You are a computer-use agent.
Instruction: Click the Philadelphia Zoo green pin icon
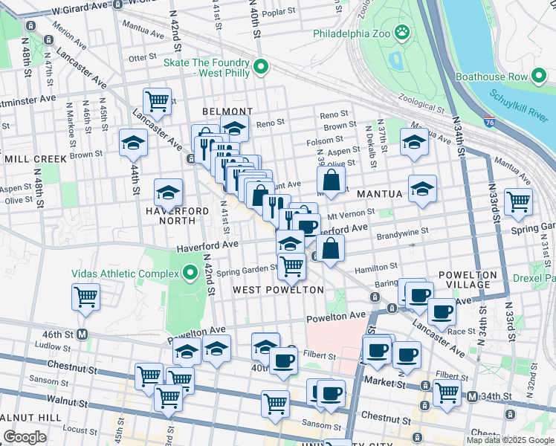[402, 33]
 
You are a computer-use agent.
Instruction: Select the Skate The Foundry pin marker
[261, 68]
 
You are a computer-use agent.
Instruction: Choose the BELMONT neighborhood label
[223, 111]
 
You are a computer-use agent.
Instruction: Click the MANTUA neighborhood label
[380, 194]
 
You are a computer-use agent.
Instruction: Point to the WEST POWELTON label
[278, 289]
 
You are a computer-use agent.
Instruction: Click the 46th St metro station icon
[82, 334]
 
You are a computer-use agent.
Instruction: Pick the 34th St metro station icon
[472, 398]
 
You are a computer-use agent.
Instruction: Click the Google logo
[25, 437]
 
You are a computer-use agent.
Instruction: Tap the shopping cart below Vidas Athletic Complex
[86, 297]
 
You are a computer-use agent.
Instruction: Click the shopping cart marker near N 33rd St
[518, 201]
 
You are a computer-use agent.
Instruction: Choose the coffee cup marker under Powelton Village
[443, 312]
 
